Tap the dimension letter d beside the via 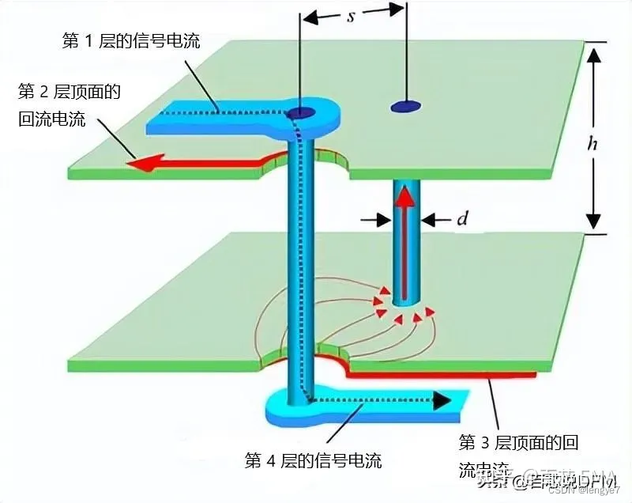pyautogui.click(x=462, y=218)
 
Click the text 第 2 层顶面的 pyautogui.click(x=70, y=92)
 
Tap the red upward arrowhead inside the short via pyautogui.click(x=405, y=193)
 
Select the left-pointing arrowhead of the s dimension pyautogui.click(x=310, y=14)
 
